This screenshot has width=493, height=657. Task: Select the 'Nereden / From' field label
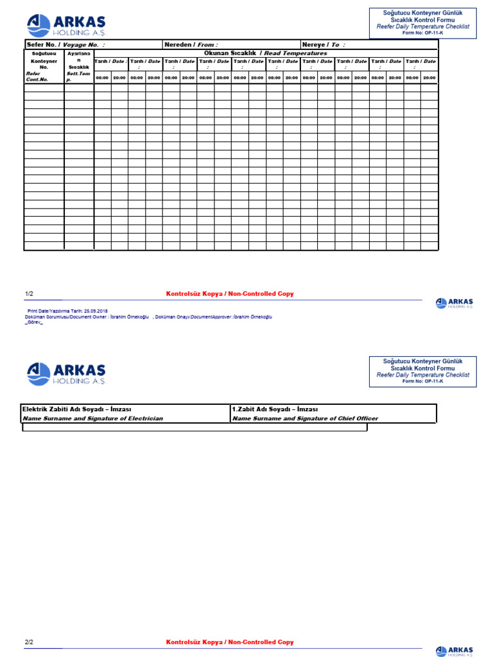point(191,45)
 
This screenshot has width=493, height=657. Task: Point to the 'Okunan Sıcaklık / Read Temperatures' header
point(265,53)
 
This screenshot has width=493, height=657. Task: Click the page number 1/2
point(29,294)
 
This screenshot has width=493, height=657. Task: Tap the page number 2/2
point(29,642)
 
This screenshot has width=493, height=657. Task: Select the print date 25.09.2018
point(96,310)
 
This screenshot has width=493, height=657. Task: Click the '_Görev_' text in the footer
point(34,323)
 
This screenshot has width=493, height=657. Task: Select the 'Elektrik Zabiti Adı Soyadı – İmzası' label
point(77,409)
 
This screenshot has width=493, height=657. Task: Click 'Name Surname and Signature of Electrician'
point(93,418)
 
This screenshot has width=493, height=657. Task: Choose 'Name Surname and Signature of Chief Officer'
point(305,418)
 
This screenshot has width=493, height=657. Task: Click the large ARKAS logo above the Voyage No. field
point(66,26)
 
